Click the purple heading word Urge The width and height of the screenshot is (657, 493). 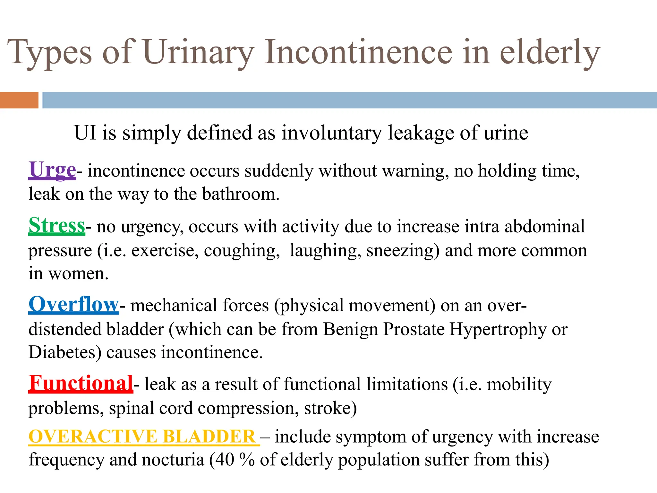click(x=52, y=170)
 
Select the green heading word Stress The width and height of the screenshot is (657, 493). click(x=57, y=226)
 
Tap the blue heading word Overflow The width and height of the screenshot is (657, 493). click(x=74, y=304)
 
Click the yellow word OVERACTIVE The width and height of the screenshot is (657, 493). click(x=93, y=437)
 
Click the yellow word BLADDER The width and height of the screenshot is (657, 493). click(x=209, y=437)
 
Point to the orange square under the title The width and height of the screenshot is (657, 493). click(x=19, y=100)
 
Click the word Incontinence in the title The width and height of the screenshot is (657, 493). click(x=358, y=52)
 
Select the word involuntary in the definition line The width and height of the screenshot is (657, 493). click(x=332, y=133)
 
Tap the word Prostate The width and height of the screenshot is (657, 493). click(x=414, y=329)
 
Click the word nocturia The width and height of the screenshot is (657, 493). click(x=173, y=460)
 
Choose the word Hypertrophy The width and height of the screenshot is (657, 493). click(x=498, y=330)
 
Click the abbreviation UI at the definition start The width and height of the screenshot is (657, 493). click(x=85, y=133)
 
